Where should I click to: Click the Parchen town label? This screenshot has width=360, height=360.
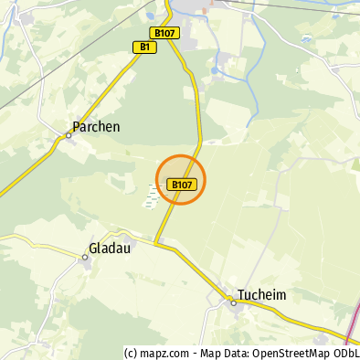coord(96,127)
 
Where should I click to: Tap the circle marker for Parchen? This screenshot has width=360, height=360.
coord(69,136)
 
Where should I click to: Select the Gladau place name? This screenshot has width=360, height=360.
coord(111,248)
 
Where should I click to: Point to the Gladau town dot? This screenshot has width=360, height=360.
coord(85,258)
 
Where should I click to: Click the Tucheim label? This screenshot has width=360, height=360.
coord(262,295)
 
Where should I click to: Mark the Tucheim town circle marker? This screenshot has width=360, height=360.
coord(234,302)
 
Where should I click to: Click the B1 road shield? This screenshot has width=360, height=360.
coord(143,47)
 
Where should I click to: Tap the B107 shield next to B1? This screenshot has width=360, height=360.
coord(166,33)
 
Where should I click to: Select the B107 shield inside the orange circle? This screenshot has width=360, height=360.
coord(181,185)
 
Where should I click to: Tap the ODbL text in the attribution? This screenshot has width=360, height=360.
coord(345,354)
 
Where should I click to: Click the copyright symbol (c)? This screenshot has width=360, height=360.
coord(131,354)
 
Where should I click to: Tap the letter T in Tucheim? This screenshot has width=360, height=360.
coord(240,295)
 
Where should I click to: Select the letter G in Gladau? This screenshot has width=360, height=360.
coord(93,248)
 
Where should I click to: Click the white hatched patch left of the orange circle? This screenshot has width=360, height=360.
coord(152,195)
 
